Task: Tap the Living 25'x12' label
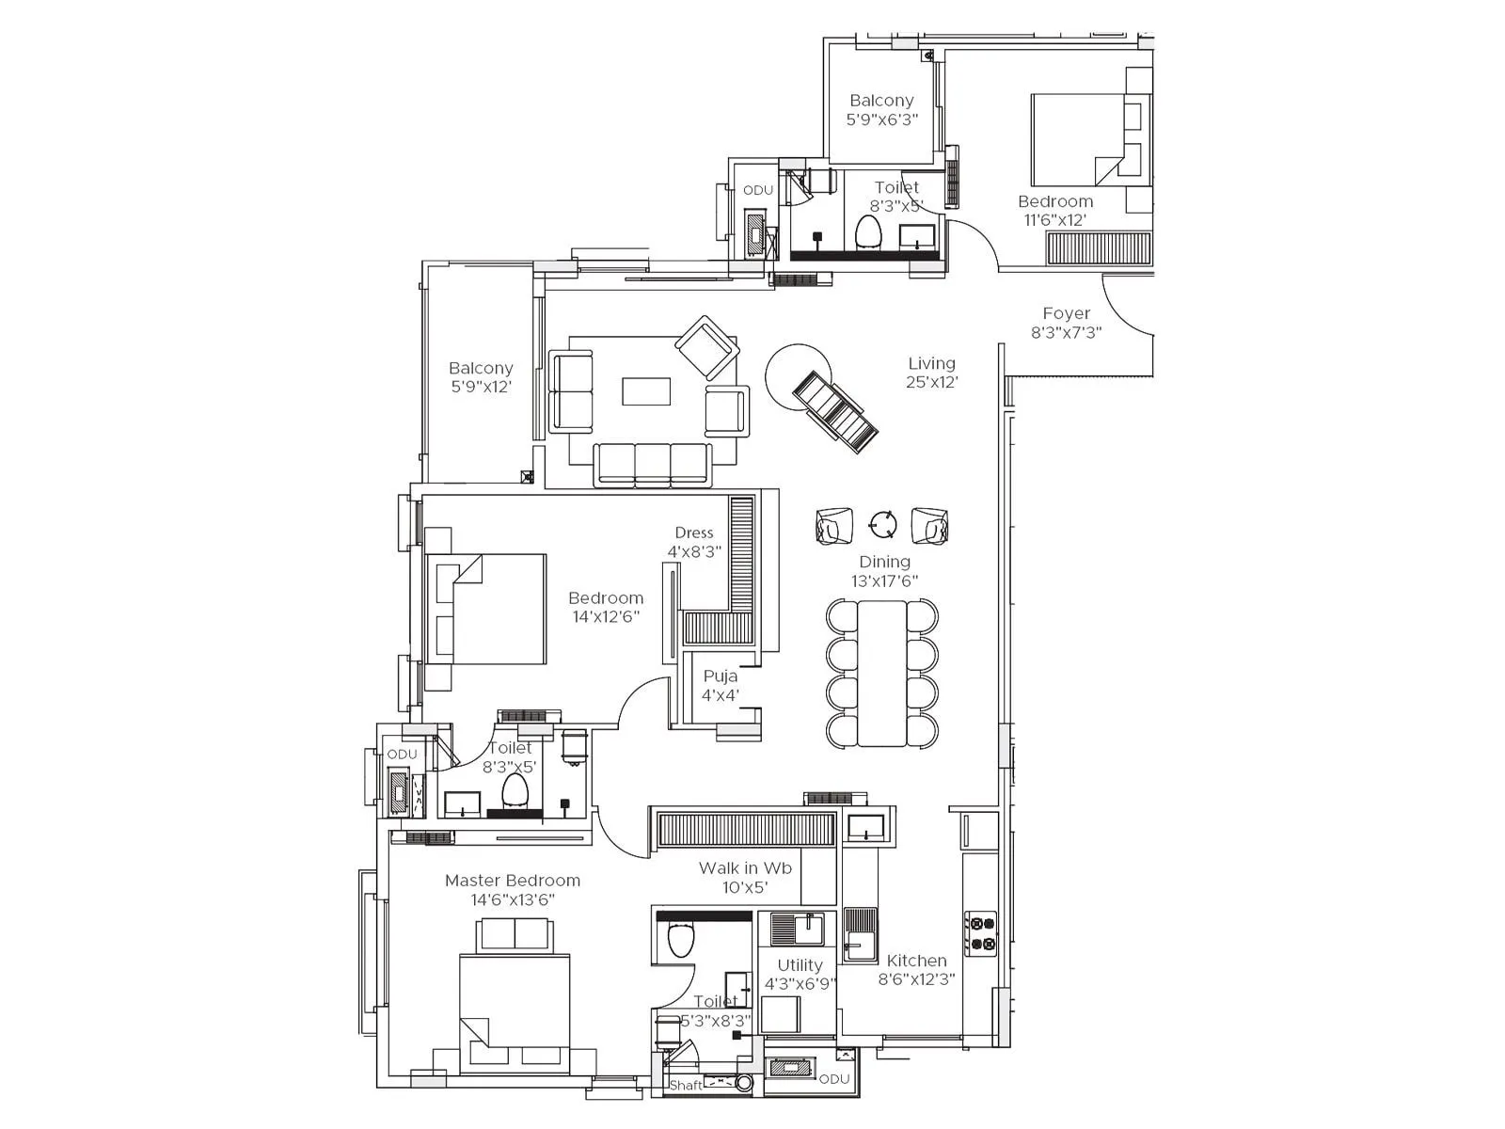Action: (x=931, y=373)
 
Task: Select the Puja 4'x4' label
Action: (x=721, y=686)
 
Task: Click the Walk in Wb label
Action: (x=745, y=877)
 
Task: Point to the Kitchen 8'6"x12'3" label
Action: (x=916, y=969)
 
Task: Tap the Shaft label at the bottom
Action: (x=685, y=1085)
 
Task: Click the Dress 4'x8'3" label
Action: (x=694, y=542)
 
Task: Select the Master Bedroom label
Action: (x=513, y=889)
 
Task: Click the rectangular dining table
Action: (x=881, y=673)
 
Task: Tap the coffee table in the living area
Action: (x=646, y=391)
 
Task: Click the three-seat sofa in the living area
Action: (x=652, y=465)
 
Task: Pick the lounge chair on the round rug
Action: (x=835, y=412)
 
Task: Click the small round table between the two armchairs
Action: (x=882, y=525)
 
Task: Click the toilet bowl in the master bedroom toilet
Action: (x=680, y=938)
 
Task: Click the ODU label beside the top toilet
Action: (x=757, y=190)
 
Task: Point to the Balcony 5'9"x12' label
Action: (x=481, y=376)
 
